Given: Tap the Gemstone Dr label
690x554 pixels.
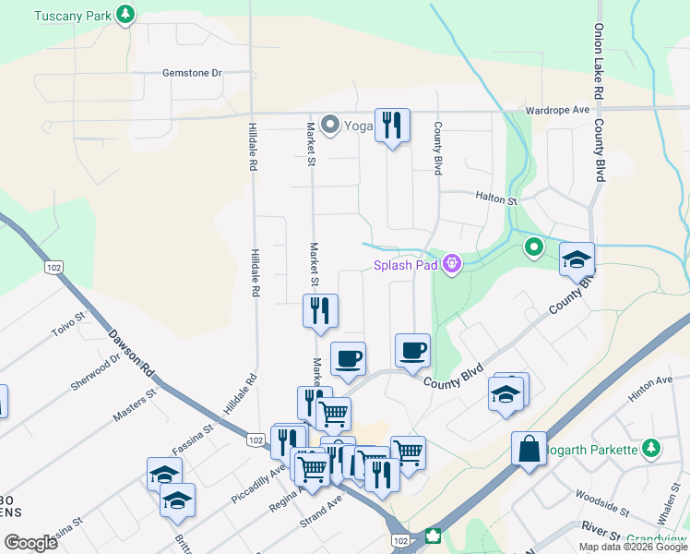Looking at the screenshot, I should tap(193, 72).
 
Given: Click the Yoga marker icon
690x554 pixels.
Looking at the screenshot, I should tap(329, 126).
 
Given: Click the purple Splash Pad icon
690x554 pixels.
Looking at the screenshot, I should tap(451, 265).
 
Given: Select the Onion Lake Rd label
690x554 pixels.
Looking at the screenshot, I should tap(599, 62).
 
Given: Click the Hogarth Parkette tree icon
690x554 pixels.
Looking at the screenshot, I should tap(652, 448).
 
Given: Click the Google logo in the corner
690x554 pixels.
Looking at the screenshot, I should tap(31, 543).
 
